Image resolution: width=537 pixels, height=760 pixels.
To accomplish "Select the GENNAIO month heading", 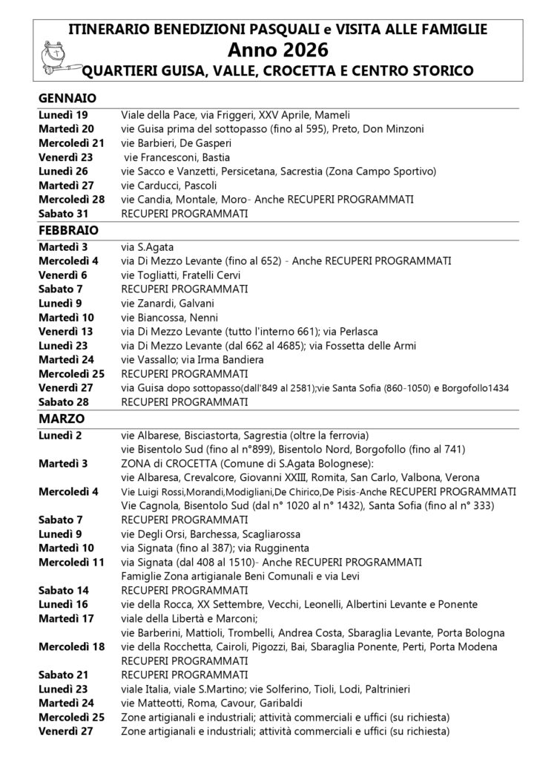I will click(x=67, y=98).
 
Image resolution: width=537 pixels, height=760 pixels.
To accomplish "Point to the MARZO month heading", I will click(x=64, y=419).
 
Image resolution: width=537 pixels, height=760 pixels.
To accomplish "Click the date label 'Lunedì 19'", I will click(x=64, y=115).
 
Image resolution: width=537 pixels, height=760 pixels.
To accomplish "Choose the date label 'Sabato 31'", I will click(x=64, y=214).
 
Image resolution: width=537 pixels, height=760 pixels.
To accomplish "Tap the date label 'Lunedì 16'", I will click(x=64, y=605).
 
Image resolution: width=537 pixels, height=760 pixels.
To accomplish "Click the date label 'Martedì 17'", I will click(x=66, y=619).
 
